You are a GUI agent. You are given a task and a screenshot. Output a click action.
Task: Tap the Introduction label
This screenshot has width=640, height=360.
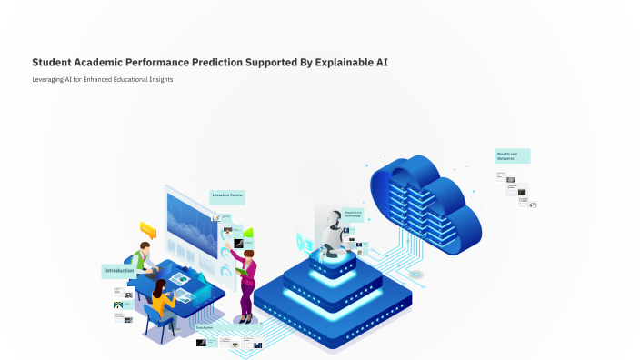119,271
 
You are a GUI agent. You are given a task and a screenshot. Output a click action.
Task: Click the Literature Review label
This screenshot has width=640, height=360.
227,195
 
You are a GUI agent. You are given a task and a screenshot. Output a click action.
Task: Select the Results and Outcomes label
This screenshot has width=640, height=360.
511,156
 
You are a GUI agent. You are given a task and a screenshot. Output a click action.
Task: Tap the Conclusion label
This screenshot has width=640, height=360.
205,327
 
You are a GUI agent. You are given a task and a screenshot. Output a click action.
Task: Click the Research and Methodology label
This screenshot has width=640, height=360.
353,215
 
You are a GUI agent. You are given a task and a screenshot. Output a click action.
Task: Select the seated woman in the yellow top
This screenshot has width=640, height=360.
160,300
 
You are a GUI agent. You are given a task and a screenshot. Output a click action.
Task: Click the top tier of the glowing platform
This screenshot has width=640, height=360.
332,258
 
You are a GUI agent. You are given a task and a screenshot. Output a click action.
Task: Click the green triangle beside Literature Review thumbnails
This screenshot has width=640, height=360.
247,234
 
